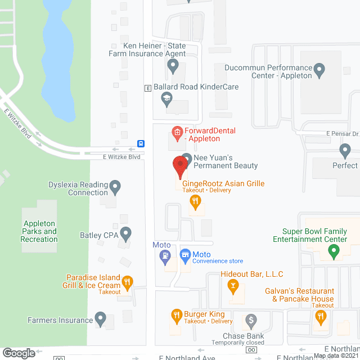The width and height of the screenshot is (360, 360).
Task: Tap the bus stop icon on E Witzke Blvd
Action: [x=140, y=143]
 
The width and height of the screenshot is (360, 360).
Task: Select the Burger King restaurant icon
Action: [x=175, y=314]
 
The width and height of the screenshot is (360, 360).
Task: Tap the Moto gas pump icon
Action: [x=165, y=256]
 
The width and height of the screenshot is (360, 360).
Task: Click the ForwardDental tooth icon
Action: [x=177, y=133]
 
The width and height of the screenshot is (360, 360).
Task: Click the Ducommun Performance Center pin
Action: [x=319, y=71]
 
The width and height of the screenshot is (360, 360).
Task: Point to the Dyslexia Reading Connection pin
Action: [x=115, y=186]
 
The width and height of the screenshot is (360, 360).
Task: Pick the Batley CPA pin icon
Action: [x=126, y=233]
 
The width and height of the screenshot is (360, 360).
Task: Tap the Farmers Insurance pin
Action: [x=101, y=319]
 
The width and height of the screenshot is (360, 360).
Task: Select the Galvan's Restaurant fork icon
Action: [x=321, y=317]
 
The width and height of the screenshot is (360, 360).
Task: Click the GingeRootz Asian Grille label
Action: [x=223, y=183]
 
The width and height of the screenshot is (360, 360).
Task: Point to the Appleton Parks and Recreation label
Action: [x=39, y=231]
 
